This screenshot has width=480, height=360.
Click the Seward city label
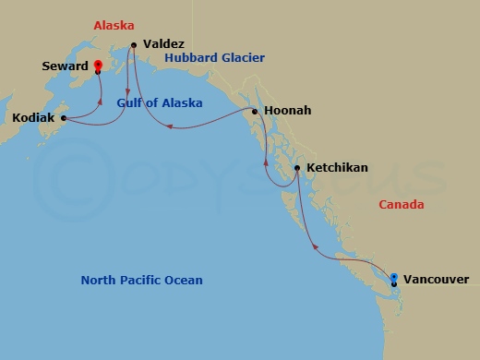click(x=65, y=66)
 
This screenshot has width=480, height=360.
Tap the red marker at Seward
click(x=97, y=66)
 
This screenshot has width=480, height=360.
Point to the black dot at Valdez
click(x=135, y=44)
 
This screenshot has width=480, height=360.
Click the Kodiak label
click(x=32, y=118)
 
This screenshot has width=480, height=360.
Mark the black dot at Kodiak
click(x=63, y=118)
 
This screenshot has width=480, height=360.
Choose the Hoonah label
click(x=287, y=111)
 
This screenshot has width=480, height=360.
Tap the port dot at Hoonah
click(x=255, y=112)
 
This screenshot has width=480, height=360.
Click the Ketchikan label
click(x=337, y=168)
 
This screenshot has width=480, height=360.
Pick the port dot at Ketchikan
click(x=296, y=168)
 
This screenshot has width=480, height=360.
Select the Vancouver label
click(x=437, y=279)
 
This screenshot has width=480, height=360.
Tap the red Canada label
click(x=402, y=205)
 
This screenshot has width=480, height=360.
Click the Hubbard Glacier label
click(x=214, y=58)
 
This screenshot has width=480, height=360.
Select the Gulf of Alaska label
click(x=160, y=103)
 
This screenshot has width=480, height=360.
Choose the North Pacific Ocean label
click(x=141, y=281)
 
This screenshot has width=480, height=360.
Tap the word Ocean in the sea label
click(x=183, y=281)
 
